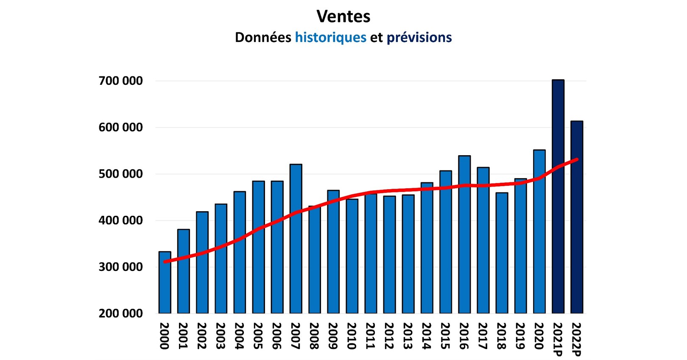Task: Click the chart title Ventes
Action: [343, 17]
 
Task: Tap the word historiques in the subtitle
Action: [330, 37]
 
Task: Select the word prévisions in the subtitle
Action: [419, 37]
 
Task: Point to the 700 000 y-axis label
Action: [120, 81]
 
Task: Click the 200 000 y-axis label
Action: [120, 313]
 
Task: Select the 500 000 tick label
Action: [120, 174]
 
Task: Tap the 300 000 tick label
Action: [120, 267]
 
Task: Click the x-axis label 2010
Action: [352, 336]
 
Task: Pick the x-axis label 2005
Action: [258, 336]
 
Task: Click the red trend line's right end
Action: [577, 159]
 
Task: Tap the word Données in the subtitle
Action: [263, 37]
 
